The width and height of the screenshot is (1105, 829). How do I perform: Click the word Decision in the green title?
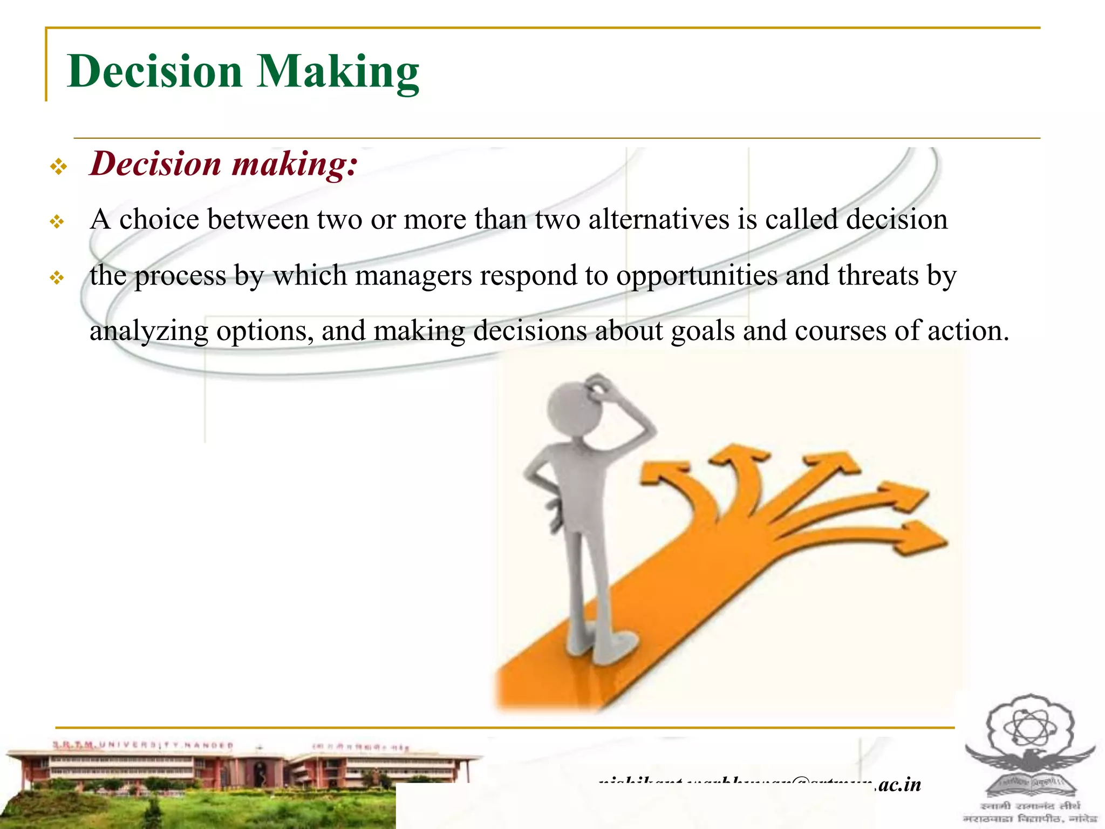click(155, 72)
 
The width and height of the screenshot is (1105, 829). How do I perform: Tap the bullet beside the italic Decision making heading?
click(58, 166)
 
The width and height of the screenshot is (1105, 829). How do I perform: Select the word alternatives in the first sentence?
click(658, 220)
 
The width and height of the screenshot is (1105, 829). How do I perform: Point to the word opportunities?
click(697, 276)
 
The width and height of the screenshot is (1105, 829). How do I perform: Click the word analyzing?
click(149, 331)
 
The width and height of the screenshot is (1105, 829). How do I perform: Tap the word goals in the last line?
click(702, 331)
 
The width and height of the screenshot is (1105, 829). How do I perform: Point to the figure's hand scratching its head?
click(599, 386)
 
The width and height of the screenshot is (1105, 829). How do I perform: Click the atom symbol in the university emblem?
click(1030, 726)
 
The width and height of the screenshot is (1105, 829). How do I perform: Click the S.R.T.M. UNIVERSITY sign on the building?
click(143, 745)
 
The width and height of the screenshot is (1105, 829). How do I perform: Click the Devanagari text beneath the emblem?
click(1030, 812)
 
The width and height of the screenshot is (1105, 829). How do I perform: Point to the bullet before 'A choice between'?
click(57, 222)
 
